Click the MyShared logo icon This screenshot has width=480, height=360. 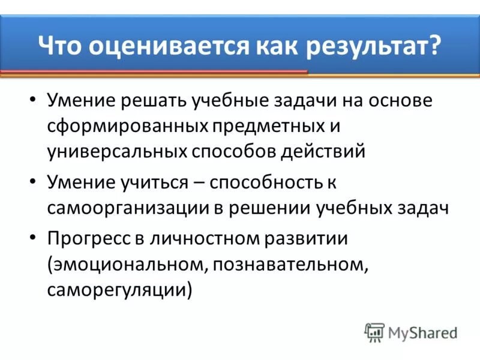click(374, 332)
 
